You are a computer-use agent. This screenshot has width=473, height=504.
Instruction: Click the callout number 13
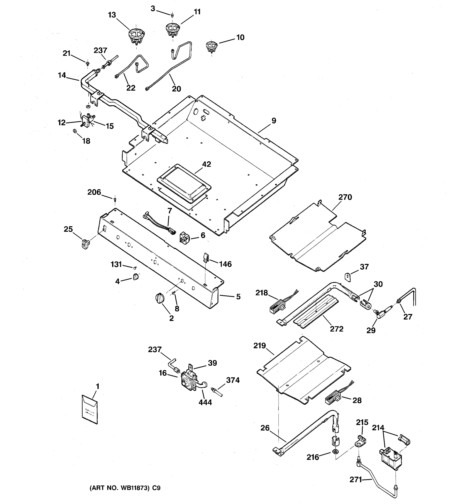pos(112,15)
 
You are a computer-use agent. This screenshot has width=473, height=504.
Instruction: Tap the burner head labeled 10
pos(211,47)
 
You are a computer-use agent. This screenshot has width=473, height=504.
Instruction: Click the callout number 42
pos(206,164)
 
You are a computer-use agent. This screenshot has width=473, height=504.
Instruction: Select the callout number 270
pos(345,197)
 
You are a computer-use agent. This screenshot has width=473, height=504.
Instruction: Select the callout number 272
pos(337,329)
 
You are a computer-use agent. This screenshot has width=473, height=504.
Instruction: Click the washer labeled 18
pos(75,131)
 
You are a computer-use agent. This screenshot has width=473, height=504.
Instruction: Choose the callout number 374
pos(233,380)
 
